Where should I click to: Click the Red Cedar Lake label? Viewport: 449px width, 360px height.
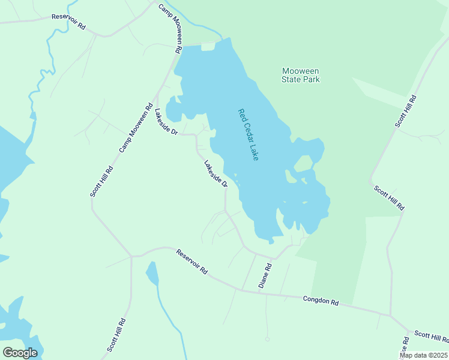248,134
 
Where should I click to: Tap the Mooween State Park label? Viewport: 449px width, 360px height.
301,75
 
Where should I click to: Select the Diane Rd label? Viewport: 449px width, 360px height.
265,275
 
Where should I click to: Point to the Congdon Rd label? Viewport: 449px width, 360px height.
321,301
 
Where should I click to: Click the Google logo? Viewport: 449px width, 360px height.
20,353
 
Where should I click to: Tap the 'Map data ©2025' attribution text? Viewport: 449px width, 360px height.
423,355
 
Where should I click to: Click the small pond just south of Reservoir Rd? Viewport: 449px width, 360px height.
152,273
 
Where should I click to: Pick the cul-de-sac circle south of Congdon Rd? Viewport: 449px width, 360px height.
267,339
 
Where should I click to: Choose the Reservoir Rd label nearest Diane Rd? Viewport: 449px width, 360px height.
191,262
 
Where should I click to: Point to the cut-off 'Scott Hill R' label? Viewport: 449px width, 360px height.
431,337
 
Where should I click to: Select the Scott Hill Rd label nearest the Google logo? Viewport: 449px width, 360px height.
116,335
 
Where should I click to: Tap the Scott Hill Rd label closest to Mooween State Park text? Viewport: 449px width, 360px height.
405,111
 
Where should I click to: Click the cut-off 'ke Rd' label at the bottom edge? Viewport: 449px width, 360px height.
405,348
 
